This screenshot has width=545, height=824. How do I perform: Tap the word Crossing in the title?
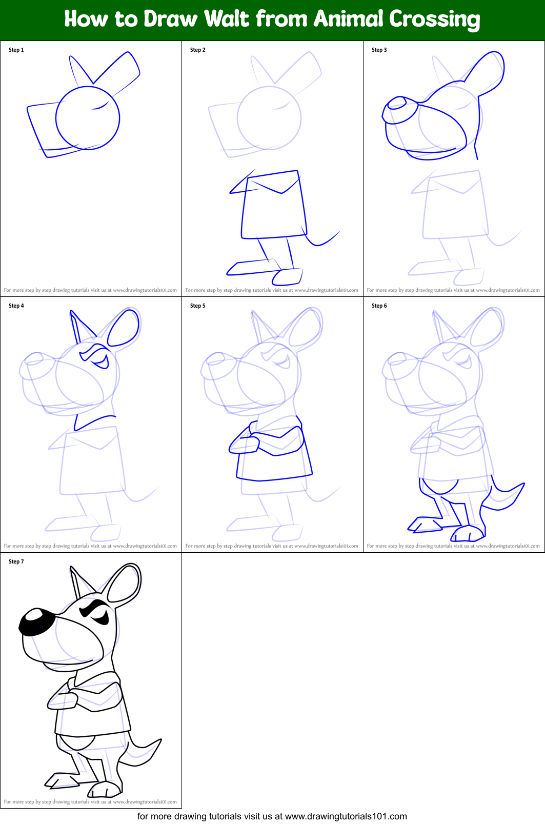point(434,20)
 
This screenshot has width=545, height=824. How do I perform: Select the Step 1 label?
point(16,50)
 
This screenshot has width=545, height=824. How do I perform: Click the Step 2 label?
point(198,50)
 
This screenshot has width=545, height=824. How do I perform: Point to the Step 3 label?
point(379,50)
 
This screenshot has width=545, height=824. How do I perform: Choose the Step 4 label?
point(16,306)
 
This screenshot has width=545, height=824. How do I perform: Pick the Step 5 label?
point(198,306)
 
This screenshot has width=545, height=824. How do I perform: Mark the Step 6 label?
point(379,306)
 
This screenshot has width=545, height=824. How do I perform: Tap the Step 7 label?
point(16,561)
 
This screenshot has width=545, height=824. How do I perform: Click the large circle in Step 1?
point(88,118)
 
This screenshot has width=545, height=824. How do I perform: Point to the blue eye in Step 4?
point(100,362)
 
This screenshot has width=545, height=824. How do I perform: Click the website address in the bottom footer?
point(346,816)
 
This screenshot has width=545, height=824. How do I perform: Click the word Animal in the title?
point(348,19)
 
